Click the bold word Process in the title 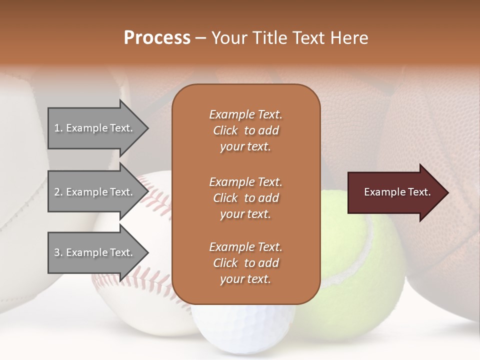[157, 38]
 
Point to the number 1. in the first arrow [58, 128]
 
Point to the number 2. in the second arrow [58, 192]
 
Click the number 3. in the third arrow [58, 252]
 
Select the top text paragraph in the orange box [245, 130]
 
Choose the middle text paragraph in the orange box [245, 198]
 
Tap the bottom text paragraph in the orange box [245, 263]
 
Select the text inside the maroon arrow [397, 192]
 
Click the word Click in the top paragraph [225, 130]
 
